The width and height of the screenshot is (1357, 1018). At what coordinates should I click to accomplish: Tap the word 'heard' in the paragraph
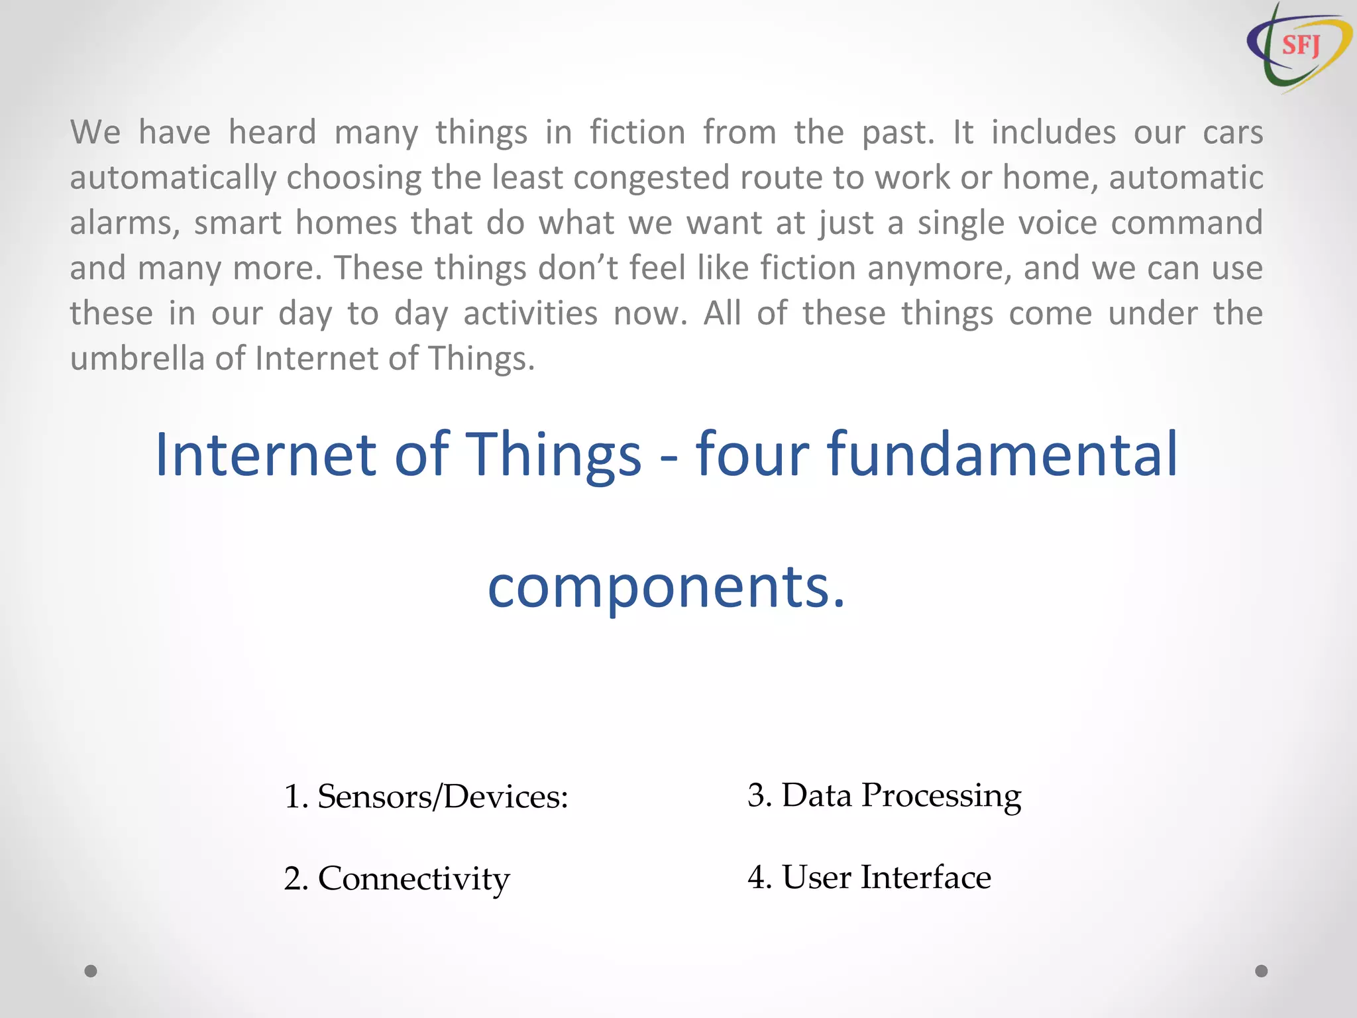coord(272,132)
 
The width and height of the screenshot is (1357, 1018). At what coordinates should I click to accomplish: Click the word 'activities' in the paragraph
coord(530,313)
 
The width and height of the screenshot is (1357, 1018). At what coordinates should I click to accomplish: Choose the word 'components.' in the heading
coord(666,587)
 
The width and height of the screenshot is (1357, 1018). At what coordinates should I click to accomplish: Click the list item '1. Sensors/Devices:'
coord(425,796)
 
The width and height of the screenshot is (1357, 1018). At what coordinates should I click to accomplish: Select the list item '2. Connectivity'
coord(396,879)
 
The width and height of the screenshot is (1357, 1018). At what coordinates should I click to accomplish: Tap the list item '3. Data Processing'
coord(884,795)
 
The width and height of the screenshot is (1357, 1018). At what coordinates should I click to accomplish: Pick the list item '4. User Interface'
coord(869,877)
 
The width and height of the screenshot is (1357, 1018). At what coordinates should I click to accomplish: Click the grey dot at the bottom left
coord(91,971)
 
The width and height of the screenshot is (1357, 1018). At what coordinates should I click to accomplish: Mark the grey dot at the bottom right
coord(1262,971)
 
